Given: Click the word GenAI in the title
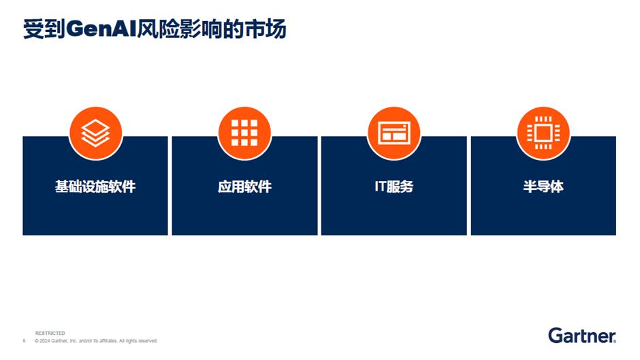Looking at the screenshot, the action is pyautogui.click(x=101, y=29).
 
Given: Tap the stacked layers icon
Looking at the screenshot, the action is pyautogui.click(x=95, y=133).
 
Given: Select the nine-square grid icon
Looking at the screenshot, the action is pyautogui.click(x=244, y=133).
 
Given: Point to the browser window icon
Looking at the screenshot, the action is pyautogui.click(x=394, y=133).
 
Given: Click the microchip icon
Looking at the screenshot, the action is pyautogui.click(x=543, y=133).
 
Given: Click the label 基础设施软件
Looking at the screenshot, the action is pyautogui.click(x=95, y=186).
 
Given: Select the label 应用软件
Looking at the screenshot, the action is pyautogui.click(x=244, y=186).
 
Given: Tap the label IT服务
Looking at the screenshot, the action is pyautogui.click(x=394, y=186).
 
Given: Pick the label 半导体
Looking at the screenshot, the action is pyautogui.click(x=543, y=186).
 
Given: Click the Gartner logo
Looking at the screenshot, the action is pyautogui.click(x=582, y=336).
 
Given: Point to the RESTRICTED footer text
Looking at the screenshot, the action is pyautogui.click(x=50, y=333).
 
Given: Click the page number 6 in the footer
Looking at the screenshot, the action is pyautogui.click(x=24, y=341).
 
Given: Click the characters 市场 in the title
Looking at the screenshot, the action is pyautogui.click(x=266, y=29).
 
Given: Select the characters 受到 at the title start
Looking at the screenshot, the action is pyautogui.click(x=44, y=29).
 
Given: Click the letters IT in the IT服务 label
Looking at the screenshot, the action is pyautogui.click(x=380, y=186).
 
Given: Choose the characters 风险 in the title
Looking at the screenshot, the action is pyautogui.click(x=157, y=29).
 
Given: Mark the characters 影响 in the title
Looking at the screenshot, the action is pyautogui.click(x=199, y=29).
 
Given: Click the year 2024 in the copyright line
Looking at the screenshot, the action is pyautogui.click(x=44, y=341).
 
